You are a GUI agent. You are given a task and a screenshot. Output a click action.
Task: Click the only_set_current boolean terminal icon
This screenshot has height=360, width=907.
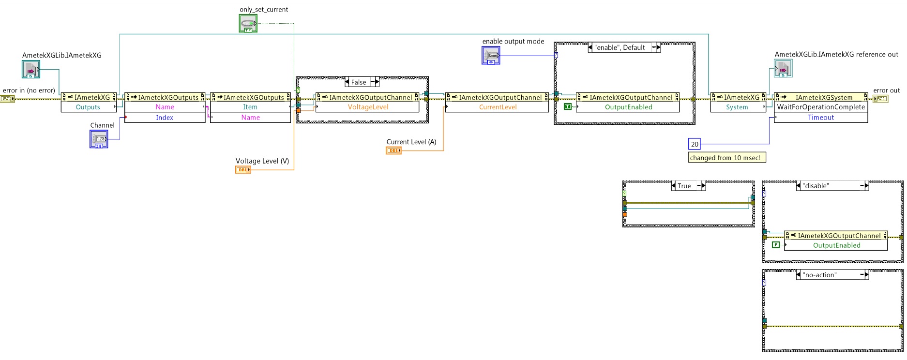click(x=248, y=23)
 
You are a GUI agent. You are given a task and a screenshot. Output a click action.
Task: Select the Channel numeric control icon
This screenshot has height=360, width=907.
click(x=99, y=139)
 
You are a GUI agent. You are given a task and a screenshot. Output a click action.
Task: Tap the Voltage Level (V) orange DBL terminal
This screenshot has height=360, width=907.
click(x=242, y=170)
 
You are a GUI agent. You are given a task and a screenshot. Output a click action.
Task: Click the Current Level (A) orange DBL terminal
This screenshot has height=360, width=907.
click(x=393, y=150)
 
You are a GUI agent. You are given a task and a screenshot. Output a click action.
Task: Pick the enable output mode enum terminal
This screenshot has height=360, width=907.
click(x=491, y=56)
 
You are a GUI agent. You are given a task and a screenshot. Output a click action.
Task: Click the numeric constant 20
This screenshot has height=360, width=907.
click(x=695, y=144)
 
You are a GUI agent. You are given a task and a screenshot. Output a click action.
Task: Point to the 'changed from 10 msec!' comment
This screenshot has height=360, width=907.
click(x=726, y=158)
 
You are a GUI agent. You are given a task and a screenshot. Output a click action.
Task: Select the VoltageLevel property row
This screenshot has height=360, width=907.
click(x=368, y=107)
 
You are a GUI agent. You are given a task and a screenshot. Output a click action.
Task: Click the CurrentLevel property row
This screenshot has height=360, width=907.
click(x=498, y=107)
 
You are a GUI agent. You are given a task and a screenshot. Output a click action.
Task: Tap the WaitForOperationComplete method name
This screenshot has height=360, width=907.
click(x=821, y=107)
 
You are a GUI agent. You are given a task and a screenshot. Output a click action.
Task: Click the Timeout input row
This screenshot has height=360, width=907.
click(x=821, y=117)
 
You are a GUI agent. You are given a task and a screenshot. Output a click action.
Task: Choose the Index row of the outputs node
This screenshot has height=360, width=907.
click(x=165, y=117)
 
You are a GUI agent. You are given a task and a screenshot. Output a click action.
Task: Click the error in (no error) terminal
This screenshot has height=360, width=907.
click(x=7, y=99)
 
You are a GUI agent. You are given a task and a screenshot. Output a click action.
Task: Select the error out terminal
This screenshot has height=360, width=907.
click(x=880, y=99)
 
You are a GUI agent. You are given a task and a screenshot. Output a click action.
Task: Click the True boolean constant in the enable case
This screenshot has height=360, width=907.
click(x=568, y=106)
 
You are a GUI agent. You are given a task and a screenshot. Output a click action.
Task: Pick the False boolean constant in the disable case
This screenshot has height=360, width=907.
click(x=776, y=245)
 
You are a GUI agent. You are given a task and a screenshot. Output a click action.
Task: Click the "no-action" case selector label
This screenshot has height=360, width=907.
click(x=819, y=275)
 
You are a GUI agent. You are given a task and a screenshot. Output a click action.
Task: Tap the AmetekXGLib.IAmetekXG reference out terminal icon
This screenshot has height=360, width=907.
click(x=783, y=69)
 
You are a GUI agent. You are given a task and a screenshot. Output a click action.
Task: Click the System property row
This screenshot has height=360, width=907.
click(x=737, y=107)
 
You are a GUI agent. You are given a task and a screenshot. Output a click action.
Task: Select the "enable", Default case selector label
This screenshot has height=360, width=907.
click(x=620, y=47)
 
